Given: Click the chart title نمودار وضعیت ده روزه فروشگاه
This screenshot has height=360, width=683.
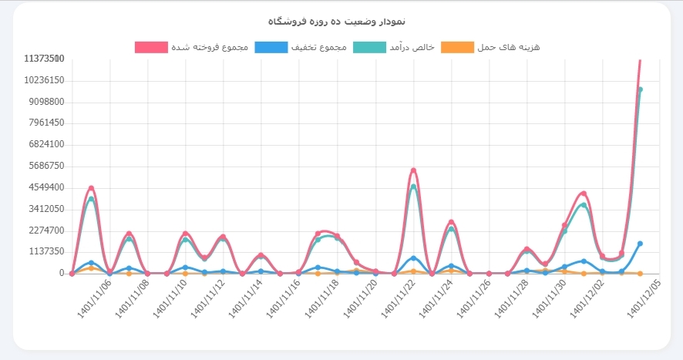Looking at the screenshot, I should (x=341, y=20).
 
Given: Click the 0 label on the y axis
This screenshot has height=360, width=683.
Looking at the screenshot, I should (x=61, y=273).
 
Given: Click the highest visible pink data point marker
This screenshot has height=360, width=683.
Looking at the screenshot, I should (x=414, y=170).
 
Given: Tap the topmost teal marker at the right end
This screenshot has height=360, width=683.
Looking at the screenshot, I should (x=640, y=89).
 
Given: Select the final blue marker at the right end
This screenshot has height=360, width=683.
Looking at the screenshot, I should (x=640, y=244).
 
